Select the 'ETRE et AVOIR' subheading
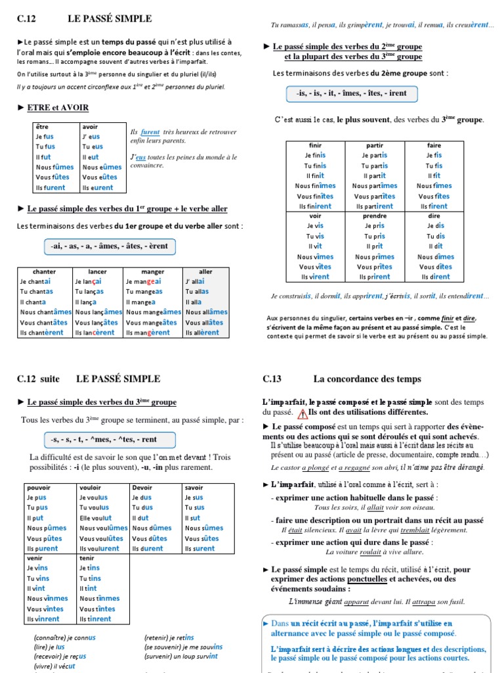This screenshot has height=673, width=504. point(58,107)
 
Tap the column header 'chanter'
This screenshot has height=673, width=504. point(45,271)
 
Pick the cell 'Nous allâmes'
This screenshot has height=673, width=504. point(207,312)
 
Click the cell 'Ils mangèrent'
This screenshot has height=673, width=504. point(148,333)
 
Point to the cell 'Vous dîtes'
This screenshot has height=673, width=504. point(435,267)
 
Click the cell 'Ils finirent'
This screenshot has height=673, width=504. point(315,206)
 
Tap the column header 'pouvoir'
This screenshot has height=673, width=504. point(39,488)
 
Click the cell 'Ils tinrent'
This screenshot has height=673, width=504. point(95,619)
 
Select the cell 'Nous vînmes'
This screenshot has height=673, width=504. point(47,599)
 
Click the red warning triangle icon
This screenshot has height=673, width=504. point(303,413)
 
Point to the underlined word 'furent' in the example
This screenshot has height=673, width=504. point(150,131)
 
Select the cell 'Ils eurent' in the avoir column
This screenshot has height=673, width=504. point(98,188)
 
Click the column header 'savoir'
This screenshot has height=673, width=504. point(194,488)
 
